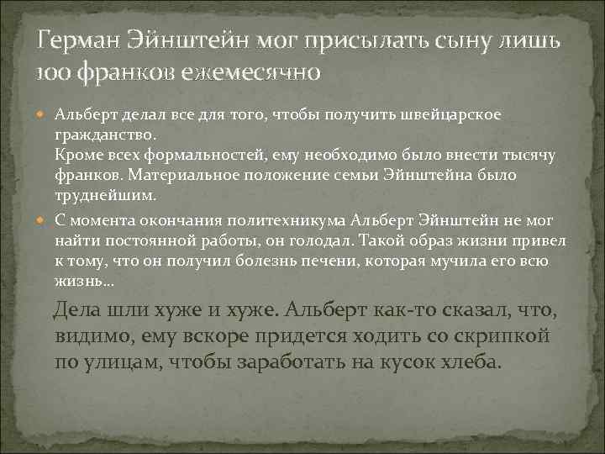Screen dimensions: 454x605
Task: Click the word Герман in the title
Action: click(80, 40)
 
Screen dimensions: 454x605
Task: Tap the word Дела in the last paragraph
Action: click(76, 310)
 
